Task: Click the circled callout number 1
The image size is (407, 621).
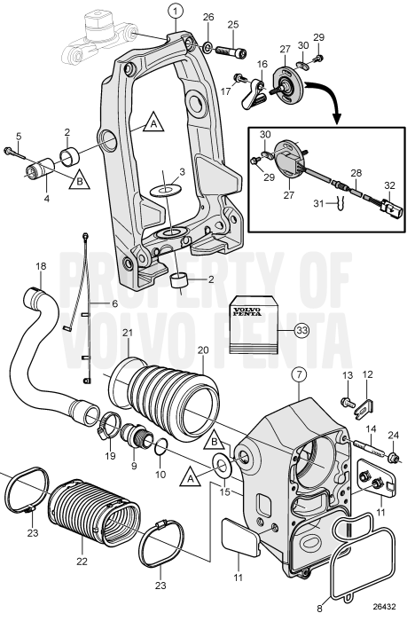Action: [x=176, y=12]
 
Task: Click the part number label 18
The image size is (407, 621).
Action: [x=40, y=267]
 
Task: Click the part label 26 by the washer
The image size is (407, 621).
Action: [x=208, y=18]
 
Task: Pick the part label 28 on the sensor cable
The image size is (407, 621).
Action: [x=356, y=173]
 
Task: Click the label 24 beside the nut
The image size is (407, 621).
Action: [x=394, y=435]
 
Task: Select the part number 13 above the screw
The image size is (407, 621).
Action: [x=347, y=375]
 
